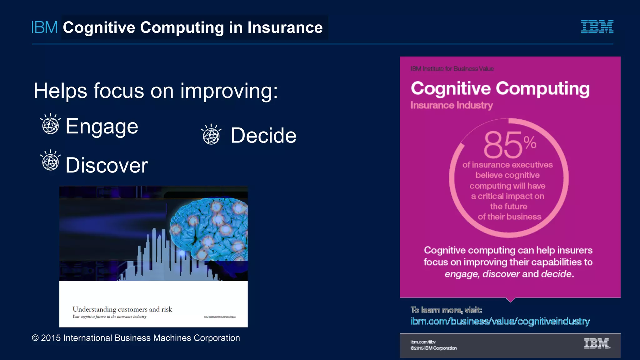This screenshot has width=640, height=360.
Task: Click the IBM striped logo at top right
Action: (597, 27)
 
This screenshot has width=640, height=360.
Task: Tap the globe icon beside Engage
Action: (51, 125)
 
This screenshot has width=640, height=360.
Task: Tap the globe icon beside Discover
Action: (51, 161)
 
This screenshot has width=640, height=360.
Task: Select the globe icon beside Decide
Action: (211, 135)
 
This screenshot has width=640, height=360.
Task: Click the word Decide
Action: (263, 136)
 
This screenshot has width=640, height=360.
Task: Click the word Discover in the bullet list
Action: (107, 165)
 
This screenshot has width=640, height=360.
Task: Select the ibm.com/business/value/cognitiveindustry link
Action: (500, 321)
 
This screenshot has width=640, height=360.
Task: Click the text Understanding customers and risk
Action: (122, 309)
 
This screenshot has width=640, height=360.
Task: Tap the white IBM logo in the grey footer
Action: (597, 344)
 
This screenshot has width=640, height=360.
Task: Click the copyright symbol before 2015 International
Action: (35, 338)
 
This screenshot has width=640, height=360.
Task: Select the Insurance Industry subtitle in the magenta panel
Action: (452, 105)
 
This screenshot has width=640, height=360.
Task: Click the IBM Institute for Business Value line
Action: (452, 69)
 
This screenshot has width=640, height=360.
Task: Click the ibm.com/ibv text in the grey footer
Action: (423, 342)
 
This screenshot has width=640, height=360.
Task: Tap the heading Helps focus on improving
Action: (155, 91)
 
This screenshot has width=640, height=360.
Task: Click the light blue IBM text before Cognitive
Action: (44, 27)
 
